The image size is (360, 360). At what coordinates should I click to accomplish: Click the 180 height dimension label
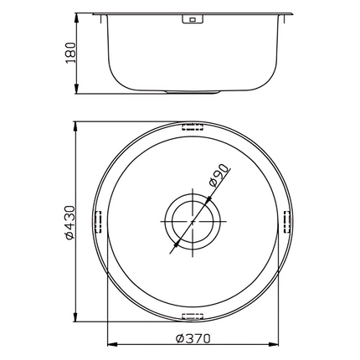[71, 54]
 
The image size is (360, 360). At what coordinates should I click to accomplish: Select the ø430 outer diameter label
[71, 224]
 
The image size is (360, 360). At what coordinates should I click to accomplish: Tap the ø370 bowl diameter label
[196, 339]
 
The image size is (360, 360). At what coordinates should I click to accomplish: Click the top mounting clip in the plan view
[193, 128]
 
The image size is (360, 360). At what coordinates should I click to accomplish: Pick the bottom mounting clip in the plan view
[193, 317]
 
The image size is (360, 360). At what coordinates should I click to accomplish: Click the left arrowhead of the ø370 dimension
[111, 342]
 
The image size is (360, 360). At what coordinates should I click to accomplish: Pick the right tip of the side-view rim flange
[295, 13]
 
